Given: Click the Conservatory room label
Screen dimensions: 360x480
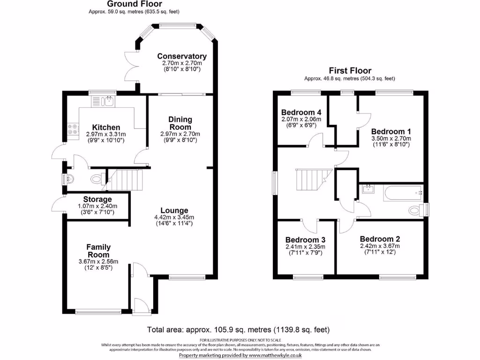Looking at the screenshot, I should tap(181, 56).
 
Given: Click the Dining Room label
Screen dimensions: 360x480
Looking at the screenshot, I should tap(180, 123).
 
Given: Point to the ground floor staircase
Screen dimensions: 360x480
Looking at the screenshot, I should tap(125, 180).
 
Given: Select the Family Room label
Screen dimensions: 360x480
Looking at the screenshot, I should tap(98, 251).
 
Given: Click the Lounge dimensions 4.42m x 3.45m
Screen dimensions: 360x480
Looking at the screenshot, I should tap(174, 217).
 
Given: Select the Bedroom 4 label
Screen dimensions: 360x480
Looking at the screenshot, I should tap(301, 112).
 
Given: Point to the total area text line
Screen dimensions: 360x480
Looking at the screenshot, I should tap(241, 329).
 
